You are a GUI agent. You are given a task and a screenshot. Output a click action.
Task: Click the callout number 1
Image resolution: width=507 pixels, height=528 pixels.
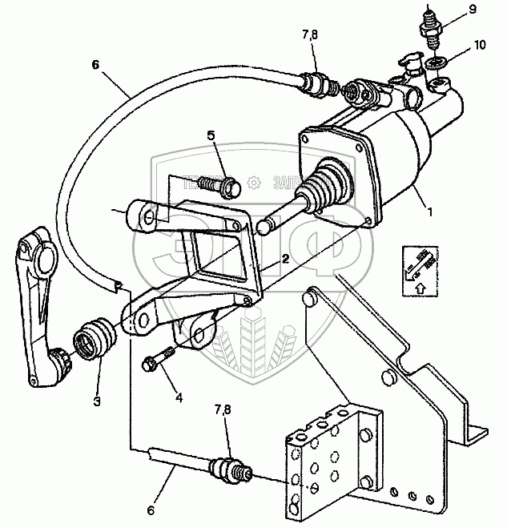pos(430,212)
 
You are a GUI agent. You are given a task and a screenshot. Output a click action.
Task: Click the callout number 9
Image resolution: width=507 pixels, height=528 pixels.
pos(472,10)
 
